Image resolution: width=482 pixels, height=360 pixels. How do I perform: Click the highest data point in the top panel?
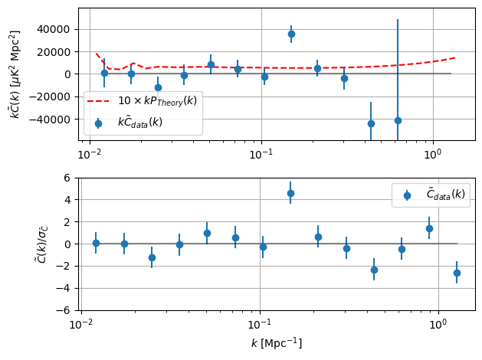[x=291, y=34]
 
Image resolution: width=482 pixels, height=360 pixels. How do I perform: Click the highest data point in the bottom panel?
[x=290, y=193]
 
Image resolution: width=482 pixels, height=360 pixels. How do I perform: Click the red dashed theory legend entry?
[x=142, y=100]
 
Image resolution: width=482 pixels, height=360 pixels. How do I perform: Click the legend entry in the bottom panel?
[x=431, y=195]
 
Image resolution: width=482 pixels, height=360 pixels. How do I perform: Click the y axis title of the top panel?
[x=15, y=74]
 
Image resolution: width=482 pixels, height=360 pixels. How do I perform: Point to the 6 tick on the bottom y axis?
[x=67, y=178]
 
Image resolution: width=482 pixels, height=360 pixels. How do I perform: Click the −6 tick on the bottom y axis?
[x=64, y=311]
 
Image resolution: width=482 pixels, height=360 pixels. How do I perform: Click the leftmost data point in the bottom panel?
[x=96, y=243]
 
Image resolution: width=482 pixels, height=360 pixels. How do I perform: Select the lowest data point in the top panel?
[x=371, y=123]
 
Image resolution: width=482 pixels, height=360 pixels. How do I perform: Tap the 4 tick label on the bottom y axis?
[x=67, y=200]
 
